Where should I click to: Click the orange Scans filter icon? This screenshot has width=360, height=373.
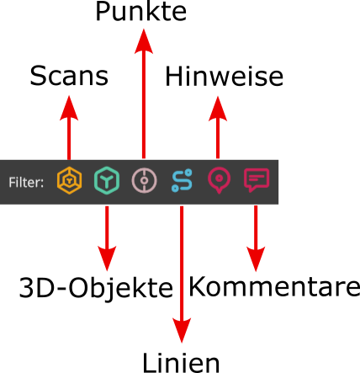tap(69, 180)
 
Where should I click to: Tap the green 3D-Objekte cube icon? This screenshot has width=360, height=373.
tap(107, 180)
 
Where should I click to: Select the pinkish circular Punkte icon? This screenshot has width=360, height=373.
tap(144, 180)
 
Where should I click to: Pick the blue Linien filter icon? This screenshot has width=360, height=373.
tap(182, 180)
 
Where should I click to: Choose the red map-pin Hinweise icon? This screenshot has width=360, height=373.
tap(219, 180)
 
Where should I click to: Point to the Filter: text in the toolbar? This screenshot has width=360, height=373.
tap(27, 181)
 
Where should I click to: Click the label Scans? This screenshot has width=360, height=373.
tap(69, 77)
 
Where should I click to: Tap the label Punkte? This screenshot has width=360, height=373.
tap(141, 12)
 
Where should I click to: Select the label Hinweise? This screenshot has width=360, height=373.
tap(224, 77)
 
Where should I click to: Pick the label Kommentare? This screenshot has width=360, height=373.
tap(274, 286)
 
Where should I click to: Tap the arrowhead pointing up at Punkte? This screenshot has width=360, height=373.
tap(144, 38)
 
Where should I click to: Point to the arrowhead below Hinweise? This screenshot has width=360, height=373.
tap(219, 104)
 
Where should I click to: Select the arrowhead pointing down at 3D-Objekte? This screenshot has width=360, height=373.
tap(107, 257)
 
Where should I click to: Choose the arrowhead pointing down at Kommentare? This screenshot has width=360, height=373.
tap(256, 257)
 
